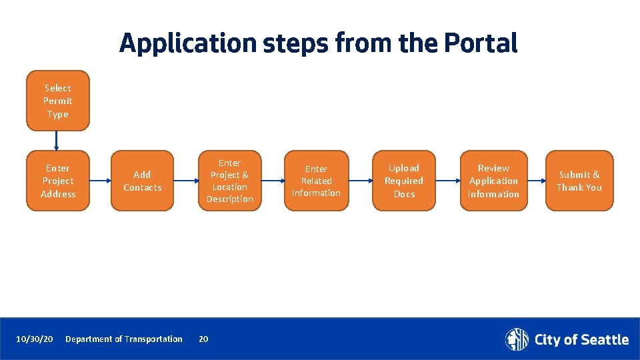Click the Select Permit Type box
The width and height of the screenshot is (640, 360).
point(57,101)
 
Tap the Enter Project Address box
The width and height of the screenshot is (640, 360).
point(57,181)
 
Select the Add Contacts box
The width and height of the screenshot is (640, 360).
point(142,181)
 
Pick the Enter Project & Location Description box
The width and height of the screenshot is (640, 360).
point(229,181)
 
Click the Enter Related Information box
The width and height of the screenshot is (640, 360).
point(316,181)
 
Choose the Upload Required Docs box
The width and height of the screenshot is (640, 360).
point(404,181)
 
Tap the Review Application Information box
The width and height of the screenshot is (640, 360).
point(493,181)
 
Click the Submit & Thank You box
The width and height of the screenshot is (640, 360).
point(579,181)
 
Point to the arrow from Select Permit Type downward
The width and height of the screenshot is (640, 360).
point(57,140)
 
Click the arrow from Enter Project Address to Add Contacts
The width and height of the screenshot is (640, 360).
point(99,181)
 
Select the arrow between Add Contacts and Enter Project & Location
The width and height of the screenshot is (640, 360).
point(185,181)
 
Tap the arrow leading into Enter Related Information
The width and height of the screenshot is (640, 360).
point(273,181)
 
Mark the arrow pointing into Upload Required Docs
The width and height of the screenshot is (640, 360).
point(360,181)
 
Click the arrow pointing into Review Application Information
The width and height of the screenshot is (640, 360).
point(447,181)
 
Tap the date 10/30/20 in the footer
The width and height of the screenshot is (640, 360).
point(34,339)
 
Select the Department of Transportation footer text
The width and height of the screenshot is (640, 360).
point(124,339)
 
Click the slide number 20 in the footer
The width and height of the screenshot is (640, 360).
point(203,339)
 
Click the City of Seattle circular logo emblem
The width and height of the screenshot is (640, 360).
point(517,339)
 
